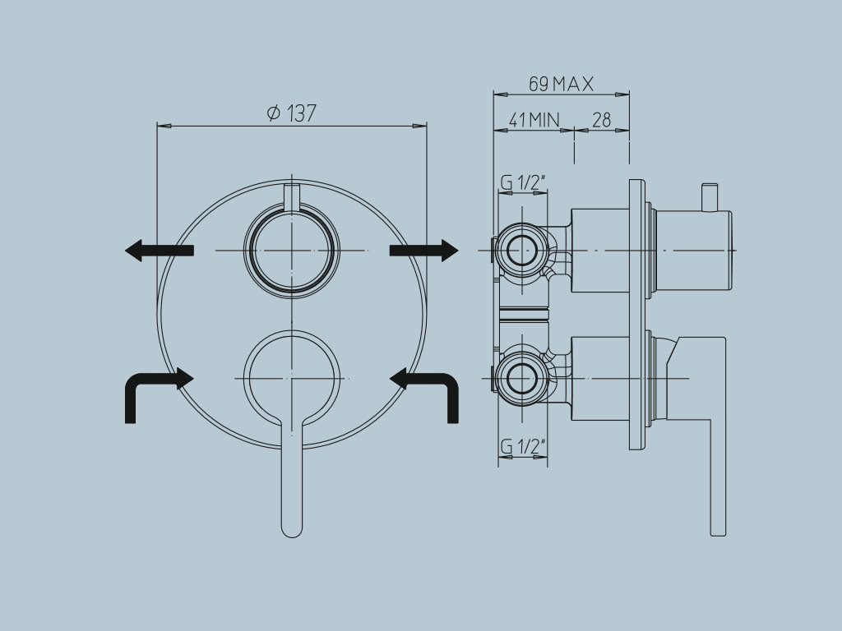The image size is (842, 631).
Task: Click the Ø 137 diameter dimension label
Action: coord(292,113)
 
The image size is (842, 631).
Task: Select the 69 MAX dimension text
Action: coord(561,84)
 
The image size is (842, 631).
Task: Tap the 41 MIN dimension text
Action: coord(533,120)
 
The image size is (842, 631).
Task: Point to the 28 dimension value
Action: coord(602,120)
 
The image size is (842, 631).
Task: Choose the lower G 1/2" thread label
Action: coord(523,447)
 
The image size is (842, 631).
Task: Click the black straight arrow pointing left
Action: coord(159,250)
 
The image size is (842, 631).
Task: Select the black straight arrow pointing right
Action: coord(423,250)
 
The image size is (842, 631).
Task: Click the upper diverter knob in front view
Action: coord(292,250)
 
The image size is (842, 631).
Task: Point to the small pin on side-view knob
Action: coord(707,196)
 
